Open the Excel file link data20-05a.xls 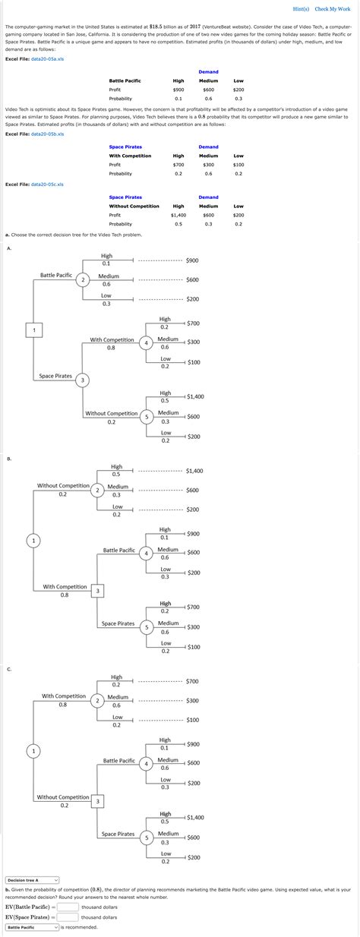point(47,58)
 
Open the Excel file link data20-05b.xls point(47,134)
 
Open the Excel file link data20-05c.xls point(47,184)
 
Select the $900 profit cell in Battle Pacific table point(178,90)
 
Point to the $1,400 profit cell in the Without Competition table point(178,215)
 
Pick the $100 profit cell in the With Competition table point(238,165)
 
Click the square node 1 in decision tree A point(33,329)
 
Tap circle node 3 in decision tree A point(83,380)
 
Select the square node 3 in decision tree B point(96,590)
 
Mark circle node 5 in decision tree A point(147,416)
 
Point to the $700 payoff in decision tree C point(193,681)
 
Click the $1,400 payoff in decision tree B point(194,471)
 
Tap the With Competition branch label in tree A point(112,340)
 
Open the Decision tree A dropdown point(32,880)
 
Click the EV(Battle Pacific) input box point(68,907)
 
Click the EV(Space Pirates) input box point(68,916)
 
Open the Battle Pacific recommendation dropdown point(32,927)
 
